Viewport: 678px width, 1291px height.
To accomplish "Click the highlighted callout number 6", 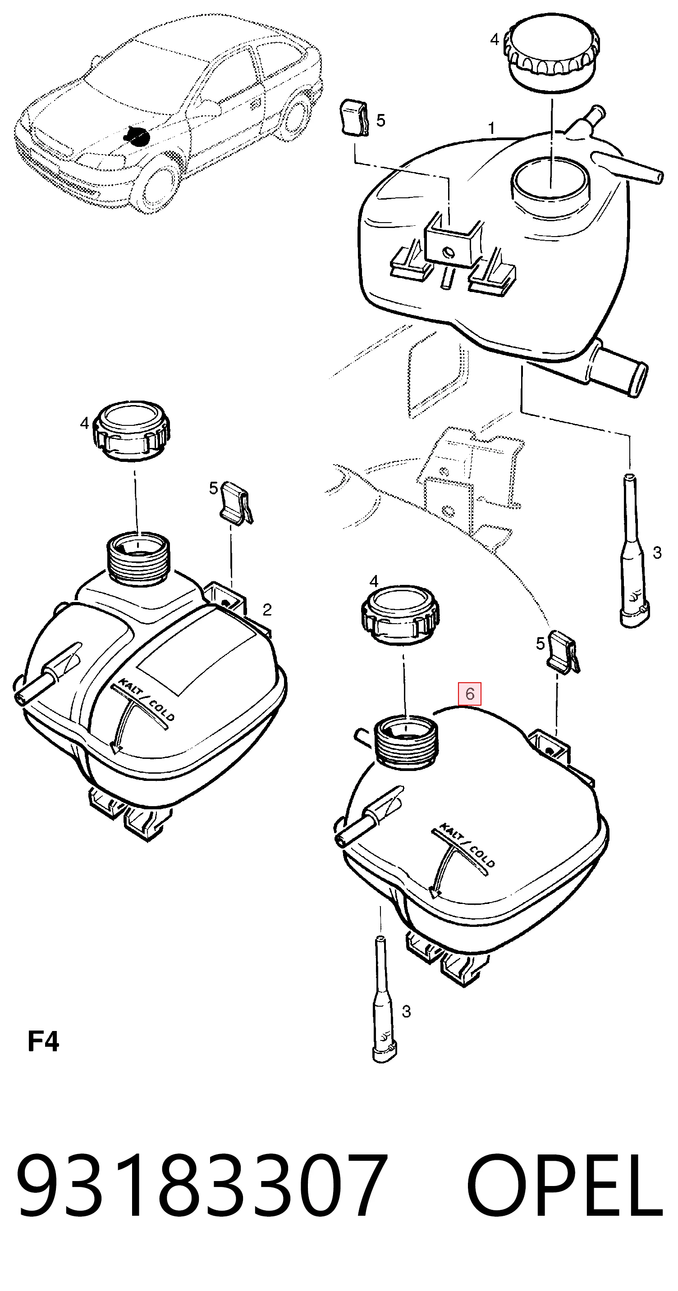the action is pos(470,693).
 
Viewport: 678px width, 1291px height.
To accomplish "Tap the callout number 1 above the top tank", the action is pos(492,128).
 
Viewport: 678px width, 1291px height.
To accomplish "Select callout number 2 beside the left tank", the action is pos(267,609).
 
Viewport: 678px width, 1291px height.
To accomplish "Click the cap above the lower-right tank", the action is pos(400,614).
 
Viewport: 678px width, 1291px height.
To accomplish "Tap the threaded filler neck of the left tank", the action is pos(139,559).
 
